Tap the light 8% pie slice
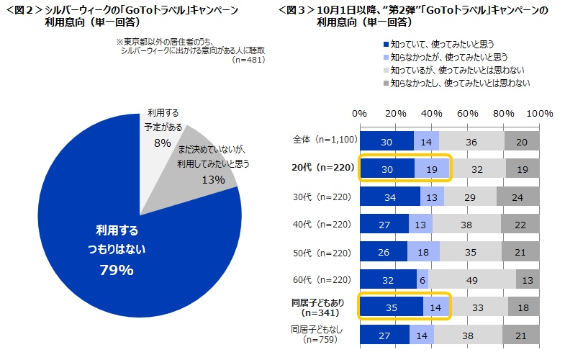pos(160,133)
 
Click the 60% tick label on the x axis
pos(469,114)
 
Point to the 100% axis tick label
pos(540,114)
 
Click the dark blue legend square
pos(385,45)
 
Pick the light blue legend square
pos(385,57)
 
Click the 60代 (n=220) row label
pos(322,279)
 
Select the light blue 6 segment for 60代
pos(423,279)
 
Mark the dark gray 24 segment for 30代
pos(518,197)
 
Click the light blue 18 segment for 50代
pos(423,252)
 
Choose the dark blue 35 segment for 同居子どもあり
pos(391,307)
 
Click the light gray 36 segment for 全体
pos(471,142)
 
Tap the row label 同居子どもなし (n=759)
pos(322,334)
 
